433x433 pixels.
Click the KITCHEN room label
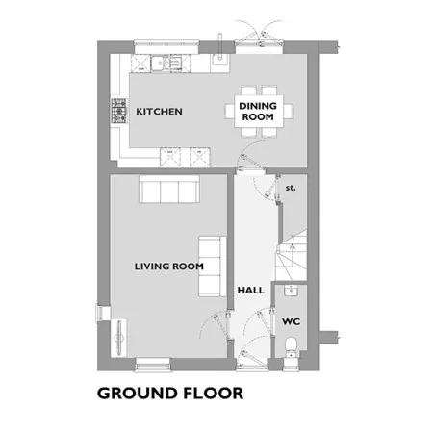point(159,112)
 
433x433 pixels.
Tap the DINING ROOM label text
point(258,112)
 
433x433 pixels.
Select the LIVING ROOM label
point(169,267)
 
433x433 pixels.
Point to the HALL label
point(251,291)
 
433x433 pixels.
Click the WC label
point(292,321)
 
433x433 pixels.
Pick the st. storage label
point(291,188)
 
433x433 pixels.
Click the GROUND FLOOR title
point(170,394)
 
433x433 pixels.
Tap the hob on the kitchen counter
point(119,111)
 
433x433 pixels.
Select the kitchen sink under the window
point(166,62)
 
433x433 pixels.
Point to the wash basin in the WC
point(292,291)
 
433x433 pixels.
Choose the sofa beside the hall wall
point(213,267)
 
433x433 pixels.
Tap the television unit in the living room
point(120,338)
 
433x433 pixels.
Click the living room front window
point(153,365)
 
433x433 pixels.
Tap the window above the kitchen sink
point(166,47)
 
